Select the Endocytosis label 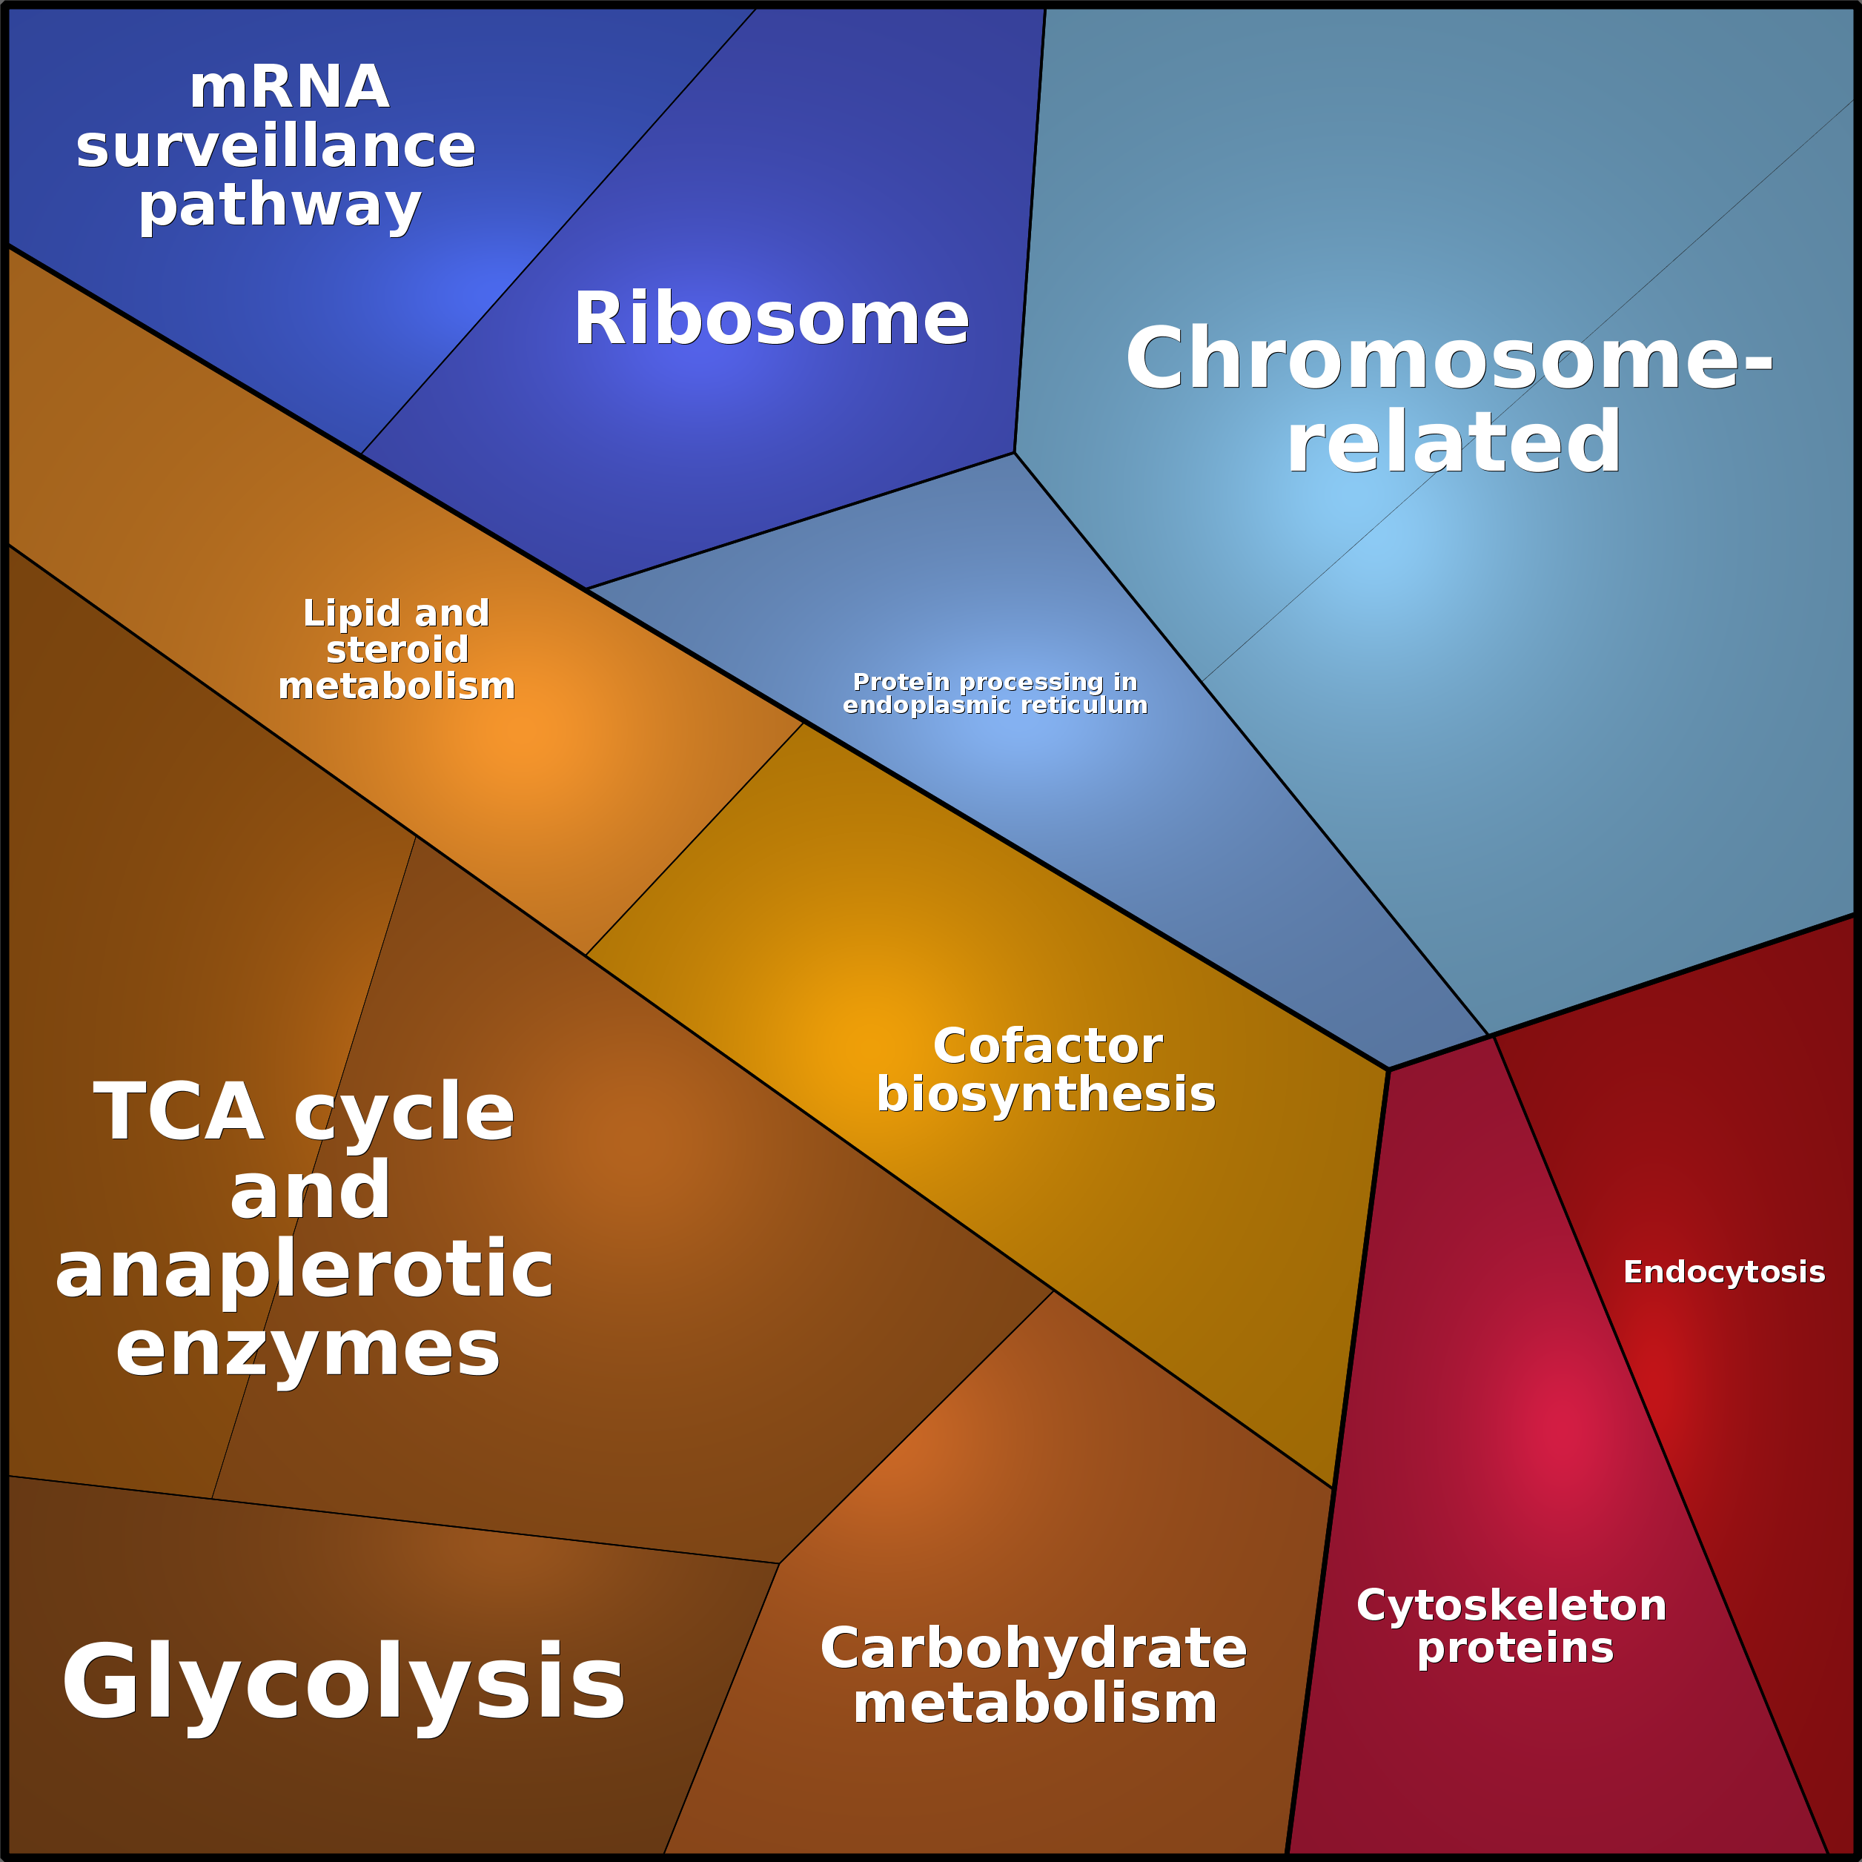(x=1723, y=1272)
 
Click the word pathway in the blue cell (x=279, y=206)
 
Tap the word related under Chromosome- (x=1454, y=443)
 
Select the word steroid (x=397, y=649)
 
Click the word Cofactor (x=1047, y=1046)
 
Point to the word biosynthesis (x=1046, y=1095)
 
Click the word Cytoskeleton (x=1511, y=1606)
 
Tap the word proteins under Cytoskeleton (x=1515, y=1648)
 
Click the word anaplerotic (x=305, y=1270)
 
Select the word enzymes (x=308, y=1349)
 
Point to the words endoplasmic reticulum (x=995, y=706)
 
